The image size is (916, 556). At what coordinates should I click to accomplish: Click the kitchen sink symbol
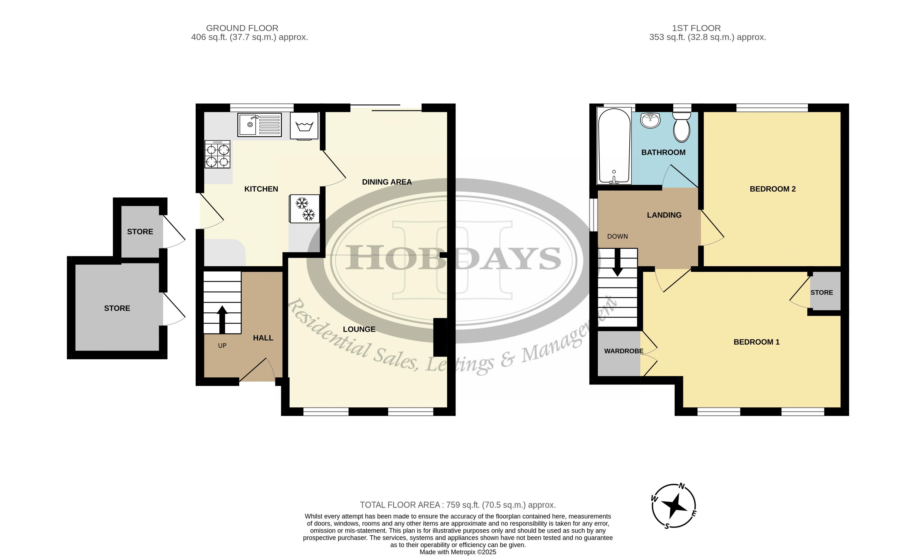tap(259, 125)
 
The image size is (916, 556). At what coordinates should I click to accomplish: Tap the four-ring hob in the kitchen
tap(218, 154)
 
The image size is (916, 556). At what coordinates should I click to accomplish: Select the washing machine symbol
tap(304, 126)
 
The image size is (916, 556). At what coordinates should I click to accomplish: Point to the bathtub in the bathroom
tap(614, 146)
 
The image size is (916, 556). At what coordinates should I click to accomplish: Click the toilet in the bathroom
tap(681, 127)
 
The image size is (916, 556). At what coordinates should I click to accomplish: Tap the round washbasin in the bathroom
tap(651, 120)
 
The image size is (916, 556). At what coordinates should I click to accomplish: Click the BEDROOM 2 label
tap(773, 189)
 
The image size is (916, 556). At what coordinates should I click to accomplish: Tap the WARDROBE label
tap(623, 351)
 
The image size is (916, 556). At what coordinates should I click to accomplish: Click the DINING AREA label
tap(387, 182)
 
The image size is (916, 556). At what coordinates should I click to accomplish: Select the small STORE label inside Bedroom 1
tap(821, 292)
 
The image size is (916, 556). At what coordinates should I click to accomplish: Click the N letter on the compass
tap(681, 486)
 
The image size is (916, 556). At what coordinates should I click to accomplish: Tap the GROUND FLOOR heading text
tap(242, 28)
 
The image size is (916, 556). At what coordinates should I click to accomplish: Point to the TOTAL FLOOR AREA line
tap(458, 505)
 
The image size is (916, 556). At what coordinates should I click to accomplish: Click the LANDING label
tap(664, 215)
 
